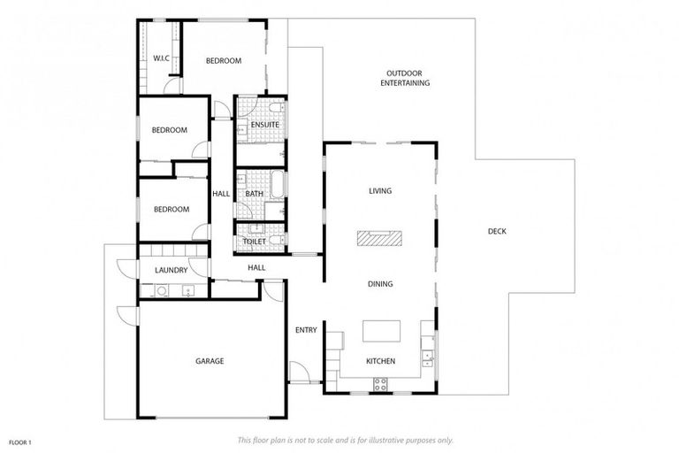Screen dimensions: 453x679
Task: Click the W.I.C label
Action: coord(161,58)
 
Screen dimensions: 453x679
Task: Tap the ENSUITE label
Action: coord(264,125)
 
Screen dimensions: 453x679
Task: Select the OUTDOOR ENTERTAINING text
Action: coord(405,78)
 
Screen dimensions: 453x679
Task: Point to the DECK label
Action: coord(497,232)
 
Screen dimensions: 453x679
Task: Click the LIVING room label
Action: coord(380,191)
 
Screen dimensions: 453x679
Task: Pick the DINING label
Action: coord(380,284)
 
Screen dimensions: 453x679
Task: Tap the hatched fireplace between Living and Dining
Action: coord(379,237)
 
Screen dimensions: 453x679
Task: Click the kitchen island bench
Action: coord(381,331)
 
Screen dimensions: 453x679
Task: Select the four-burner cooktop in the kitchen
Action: coord(382,383)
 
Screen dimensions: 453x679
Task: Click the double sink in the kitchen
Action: coord(428,358)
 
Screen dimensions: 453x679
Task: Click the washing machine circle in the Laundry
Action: coord(161,290)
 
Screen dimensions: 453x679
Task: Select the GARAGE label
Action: coord(210,361)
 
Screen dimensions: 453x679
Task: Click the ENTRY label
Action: coord(306,330)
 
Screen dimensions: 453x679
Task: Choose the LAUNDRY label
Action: coord(170,270)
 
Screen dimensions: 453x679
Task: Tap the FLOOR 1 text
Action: coord(20,441)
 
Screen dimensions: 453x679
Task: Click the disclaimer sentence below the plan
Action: coord(346,440)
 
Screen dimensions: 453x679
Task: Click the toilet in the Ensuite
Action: coord(277,110)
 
